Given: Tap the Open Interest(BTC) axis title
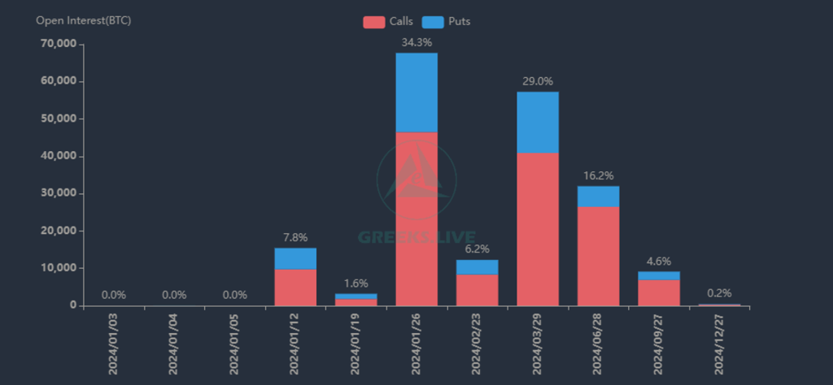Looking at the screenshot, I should click(x=83, y=20).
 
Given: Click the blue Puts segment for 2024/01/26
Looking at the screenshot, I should click(x=416, y=93).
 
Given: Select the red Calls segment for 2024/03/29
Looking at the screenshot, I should click(x=537, y=229).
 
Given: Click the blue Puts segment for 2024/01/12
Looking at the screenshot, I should click(x=295, y=258).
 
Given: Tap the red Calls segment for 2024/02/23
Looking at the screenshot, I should click(x=477, y=290).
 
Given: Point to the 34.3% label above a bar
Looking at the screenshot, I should click(x=416, y=42).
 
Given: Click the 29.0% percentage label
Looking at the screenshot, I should click(x=537, y=81).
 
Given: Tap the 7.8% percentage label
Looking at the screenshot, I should click(x=295, y=237).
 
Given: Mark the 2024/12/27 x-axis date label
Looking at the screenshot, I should click(x=719, y=345).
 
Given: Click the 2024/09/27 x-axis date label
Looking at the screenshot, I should click(x=659, y=345).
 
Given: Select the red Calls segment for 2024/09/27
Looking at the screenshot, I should click(x=658, y=292).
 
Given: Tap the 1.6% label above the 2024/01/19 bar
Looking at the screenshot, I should click(x=355, y=283).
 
